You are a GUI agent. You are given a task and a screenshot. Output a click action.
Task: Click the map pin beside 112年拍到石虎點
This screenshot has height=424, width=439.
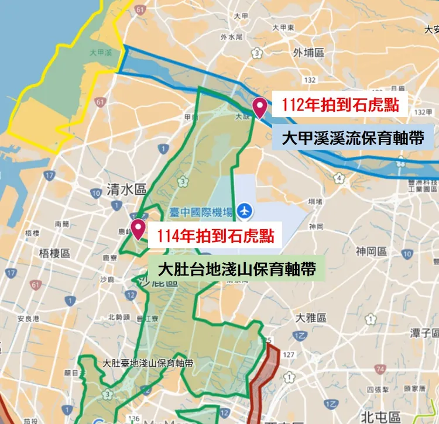[x=259, y=108]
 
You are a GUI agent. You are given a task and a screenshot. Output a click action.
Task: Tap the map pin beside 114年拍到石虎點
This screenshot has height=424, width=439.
[x=138, y=229]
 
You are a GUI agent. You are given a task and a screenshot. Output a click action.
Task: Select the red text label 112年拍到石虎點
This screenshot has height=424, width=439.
[x=341, y=106]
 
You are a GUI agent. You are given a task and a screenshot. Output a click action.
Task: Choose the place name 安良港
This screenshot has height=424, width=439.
[x=28, y=319]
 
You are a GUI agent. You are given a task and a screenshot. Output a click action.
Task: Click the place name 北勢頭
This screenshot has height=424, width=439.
[x=119, y=318]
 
